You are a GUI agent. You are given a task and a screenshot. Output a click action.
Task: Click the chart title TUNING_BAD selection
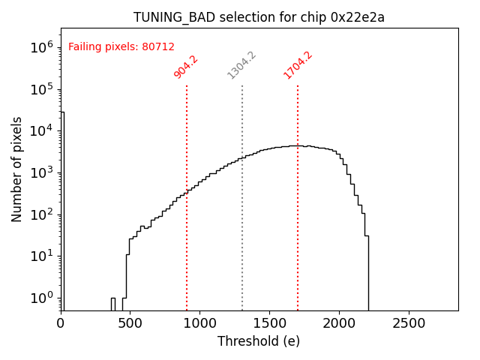[x=259, y=17]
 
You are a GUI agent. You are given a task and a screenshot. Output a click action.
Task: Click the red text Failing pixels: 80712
[x=121, y=46]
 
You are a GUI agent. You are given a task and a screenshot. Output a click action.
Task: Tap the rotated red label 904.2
[x=185, y=67]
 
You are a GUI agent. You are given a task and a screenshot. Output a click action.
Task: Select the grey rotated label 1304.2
[x=241, y=65]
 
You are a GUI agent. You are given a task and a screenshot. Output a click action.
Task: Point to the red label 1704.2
[x=298, y=65]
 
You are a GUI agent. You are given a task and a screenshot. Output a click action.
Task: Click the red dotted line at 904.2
[x=187, y=225]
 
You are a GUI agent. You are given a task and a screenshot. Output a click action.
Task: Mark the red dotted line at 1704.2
[x=298, y=225]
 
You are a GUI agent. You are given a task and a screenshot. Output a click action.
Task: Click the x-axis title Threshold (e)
[x=259, y=341]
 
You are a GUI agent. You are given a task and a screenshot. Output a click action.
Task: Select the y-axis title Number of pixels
[x=17, y=169]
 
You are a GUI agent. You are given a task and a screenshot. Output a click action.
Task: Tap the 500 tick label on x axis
[x=130, y=322]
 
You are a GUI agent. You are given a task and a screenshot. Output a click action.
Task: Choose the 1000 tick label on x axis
[x=199, y=322]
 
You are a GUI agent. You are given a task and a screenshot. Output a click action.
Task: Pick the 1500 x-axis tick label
[x=269, y=322]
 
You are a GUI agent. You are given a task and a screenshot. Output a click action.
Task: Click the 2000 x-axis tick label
[x=339, y=322]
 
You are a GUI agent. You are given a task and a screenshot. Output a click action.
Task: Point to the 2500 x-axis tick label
[x=409, y=322]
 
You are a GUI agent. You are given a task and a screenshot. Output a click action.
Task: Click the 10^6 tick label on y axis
[x=42, y=46]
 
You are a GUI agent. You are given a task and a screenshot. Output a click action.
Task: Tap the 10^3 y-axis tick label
[x=42, y=172]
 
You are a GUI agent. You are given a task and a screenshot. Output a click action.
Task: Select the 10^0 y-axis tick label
[x=42, y=298]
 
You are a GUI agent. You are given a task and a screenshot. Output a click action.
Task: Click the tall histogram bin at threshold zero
[x=62, y=210]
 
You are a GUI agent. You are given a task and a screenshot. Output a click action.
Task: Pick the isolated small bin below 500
[x=113, y=304]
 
